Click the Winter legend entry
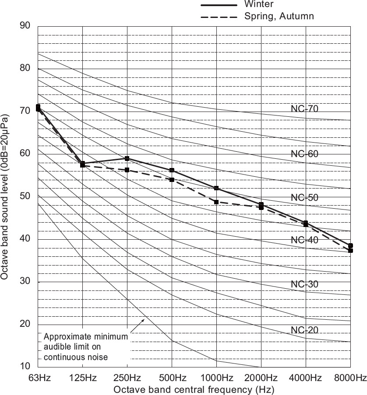(259, 4)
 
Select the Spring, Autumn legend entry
(279, 17)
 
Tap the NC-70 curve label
(304, 108)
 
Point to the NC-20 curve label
(304, 329)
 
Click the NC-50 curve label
(304, 197)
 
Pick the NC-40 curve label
(304, 240)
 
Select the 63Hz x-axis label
(39, 378)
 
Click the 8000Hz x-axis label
(350, 378)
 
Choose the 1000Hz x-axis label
(216, 378)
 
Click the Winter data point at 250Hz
(127, 158)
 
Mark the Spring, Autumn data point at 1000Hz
(216, 202)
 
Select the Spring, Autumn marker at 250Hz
(127, 170)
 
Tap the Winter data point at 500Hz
(172, 170)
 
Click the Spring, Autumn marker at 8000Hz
(350, 251)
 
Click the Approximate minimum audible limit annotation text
(86, 347)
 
